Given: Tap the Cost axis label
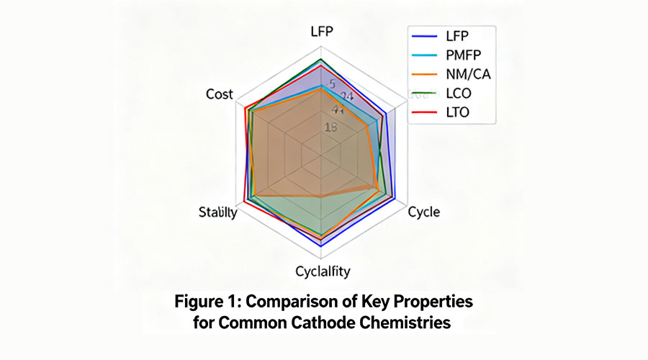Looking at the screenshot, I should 219,94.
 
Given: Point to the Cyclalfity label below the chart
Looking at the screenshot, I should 323,271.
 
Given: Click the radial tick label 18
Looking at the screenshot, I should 331,128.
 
